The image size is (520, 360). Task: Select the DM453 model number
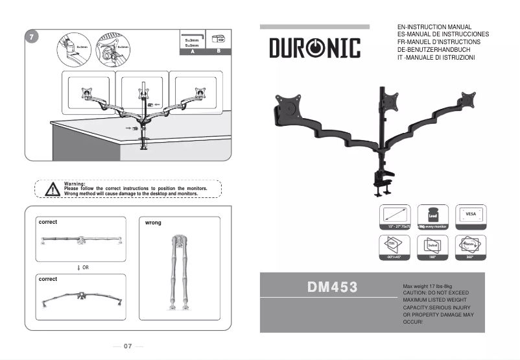(332, 287)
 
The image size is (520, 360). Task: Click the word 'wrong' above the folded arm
(153, 223)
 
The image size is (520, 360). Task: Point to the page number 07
(128, 346)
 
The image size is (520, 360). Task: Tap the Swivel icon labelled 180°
(432, 246)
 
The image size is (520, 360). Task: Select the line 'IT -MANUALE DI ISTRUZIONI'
(436, 58)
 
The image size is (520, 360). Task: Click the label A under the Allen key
(192, 51)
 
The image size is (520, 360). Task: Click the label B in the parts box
(218, 51)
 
